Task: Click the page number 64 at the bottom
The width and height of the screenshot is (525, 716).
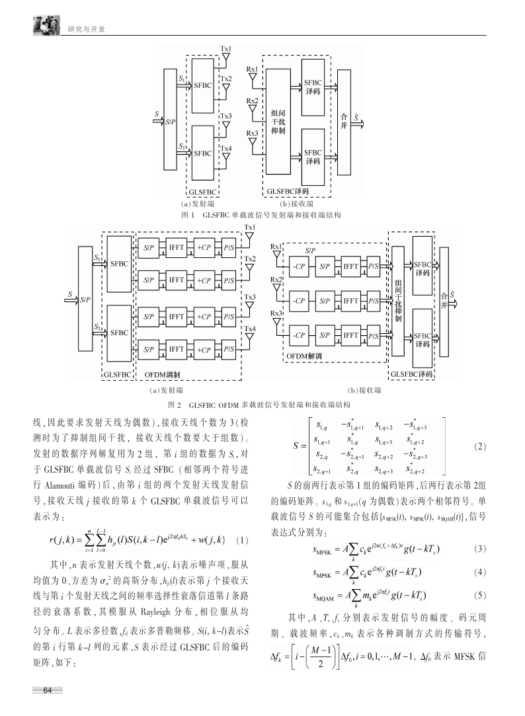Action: coord(48,690)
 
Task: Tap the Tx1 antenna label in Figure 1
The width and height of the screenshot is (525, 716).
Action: coord(225,49)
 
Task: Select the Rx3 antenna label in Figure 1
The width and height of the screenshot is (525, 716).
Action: coord(252,134)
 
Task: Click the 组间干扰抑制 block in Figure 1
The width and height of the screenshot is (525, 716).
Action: coord(278,122)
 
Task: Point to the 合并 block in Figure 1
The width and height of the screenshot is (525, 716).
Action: coord(344,122)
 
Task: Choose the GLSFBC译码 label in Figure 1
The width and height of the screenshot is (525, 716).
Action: coord(288,192)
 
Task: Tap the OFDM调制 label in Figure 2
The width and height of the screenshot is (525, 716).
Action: coord(162,374)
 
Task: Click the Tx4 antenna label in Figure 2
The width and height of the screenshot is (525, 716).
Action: coord(250,329)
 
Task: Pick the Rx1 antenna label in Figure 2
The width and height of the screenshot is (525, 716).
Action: coord(276,247)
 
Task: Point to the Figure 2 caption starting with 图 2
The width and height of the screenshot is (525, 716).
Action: coord(259,405)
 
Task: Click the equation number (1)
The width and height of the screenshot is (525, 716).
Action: coord(243,540)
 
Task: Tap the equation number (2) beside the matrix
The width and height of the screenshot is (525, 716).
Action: coord(480,446)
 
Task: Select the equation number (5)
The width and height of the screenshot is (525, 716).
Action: coord(480,595)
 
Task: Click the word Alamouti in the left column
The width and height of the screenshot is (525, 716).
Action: coord(60,485)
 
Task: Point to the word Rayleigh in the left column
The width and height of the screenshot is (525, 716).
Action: coord(155,612)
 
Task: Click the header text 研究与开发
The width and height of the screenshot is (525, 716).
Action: coord(86,29)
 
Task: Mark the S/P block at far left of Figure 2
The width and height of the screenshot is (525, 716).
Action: coord(85,299)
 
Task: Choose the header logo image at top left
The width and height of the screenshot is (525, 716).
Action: coord(46,25)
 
